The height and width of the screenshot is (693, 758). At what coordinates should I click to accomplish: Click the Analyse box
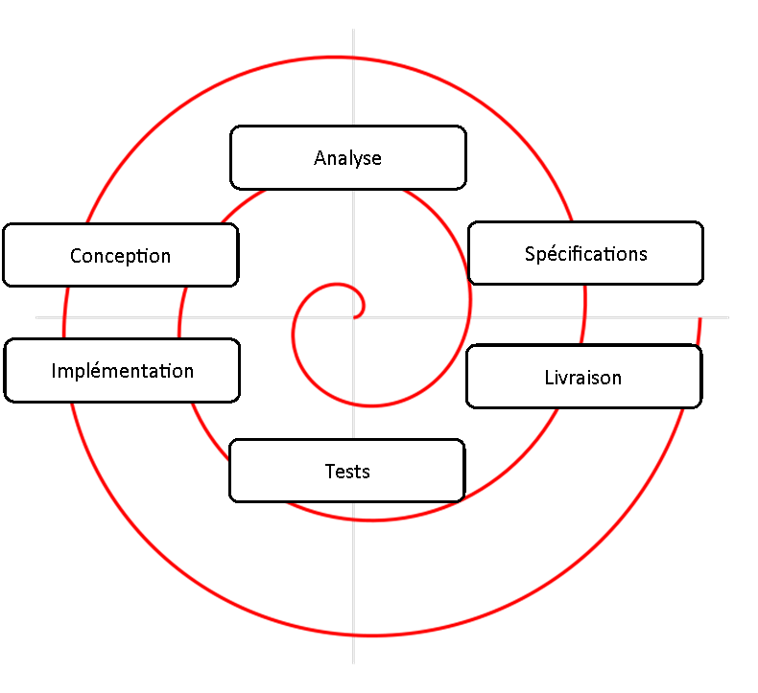coord(347,157)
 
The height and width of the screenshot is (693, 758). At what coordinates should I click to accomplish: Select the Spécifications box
coord(585,253)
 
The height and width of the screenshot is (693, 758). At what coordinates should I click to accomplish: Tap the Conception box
coord(120,255)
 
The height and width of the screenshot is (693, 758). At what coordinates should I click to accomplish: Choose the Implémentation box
coord(122,370)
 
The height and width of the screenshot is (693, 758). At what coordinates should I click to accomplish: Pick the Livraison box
coord(583,377)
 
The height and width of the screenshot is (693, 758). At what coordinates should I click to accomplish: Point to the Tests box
coord(346,471)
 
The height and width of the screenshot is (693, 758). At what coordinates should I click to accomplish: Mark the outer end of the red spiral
coord(701,320)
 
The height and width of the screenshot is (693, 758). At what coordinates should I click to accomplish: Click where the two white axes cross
coord(353,316)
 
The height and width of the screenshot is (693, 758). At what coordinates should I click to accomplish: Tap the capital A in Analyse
coord(320,158)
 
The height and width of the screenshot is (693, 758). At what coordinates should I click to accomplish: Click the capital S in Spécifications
coord(530,254)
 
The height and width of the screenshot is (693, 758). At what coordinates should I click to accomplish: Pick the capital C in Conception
coord(76,256)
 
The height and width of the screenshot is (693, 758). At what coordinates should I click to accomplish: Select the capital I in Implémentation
coord(54,371)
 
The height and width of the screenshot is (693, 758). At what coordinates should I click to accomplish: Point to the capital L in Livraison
coord(548,378)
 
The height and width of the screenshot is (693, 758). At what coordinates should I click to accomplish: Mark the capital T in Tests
coord(330,472)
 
